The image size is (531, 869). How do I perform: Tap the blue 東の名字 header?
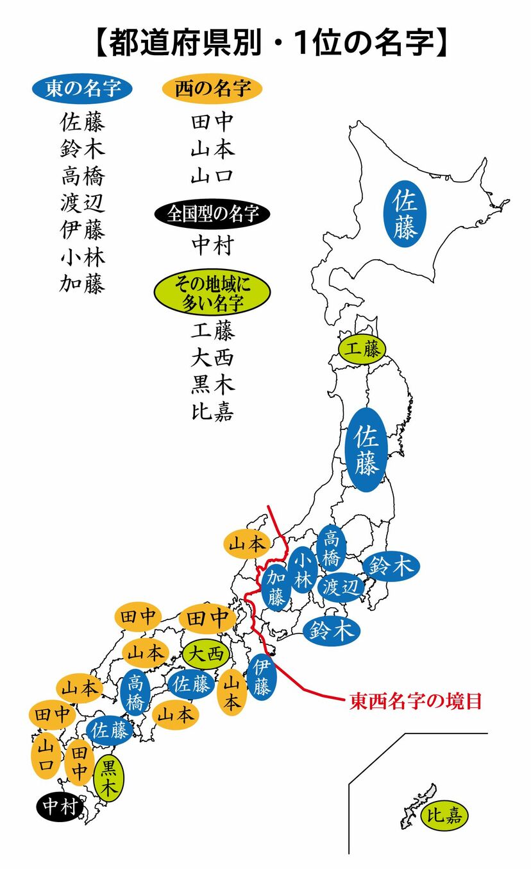(83, 89)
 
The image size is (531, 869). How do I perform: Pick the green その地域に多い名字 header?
(212, 292)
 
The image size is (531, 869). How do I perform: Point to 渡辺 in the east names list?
(82, 203)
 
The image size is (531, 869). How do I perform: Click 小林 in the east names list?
(82, 257)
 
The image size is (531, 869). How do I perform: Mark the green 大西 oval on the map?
(205, 654)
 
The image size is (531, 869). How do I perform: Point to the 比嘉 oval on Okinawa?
(445, 816)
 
